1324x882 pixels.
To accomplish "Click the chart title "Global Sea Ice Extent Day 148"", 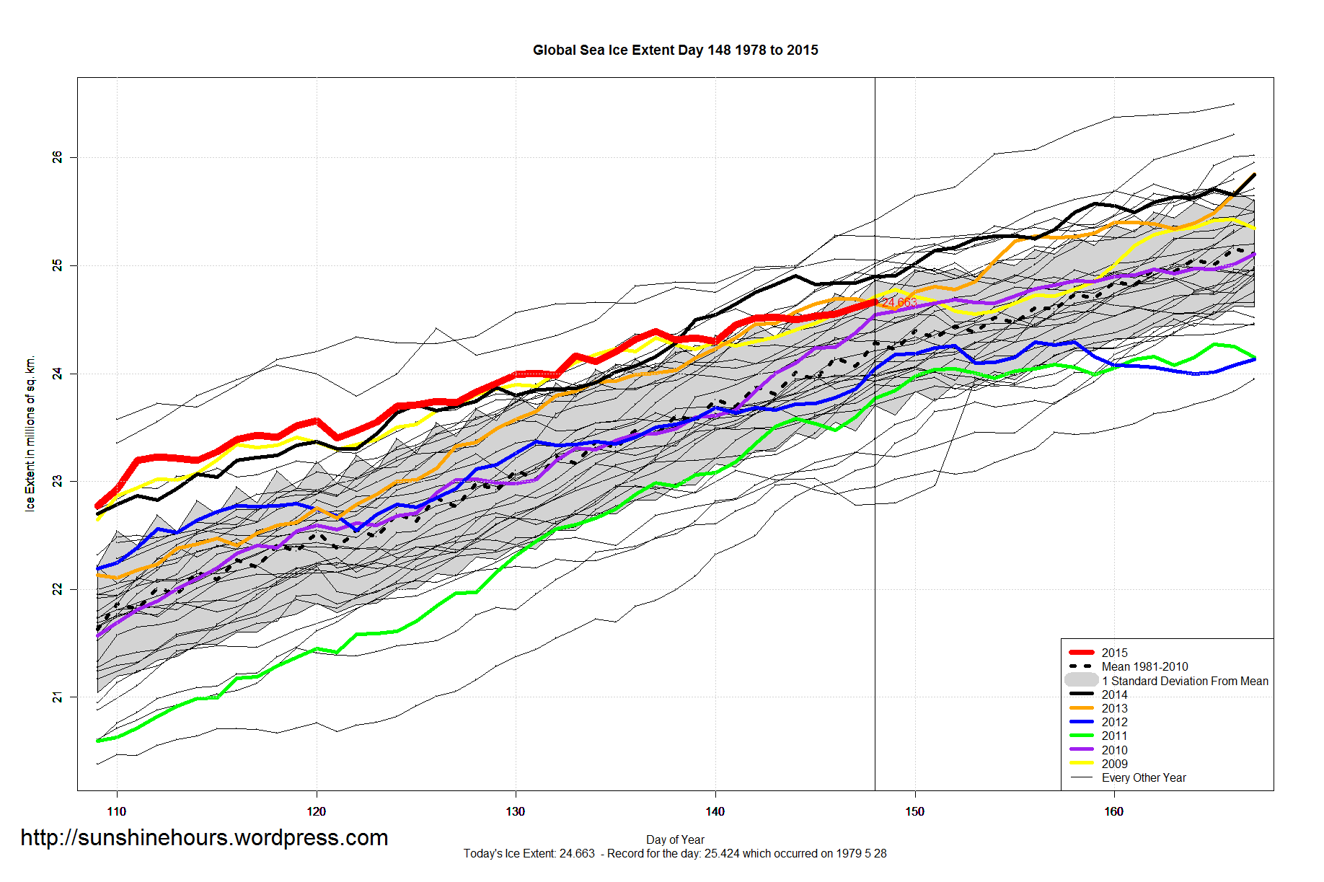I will [x=675, y=50].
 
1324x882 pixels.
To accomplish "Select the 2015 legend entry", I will [x=1114, y=653].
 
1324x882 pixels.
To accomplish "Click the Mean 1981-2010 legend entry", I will [x=1144, y=666].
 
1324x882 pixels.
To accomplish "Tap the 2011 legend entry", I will [x=1114, y=736].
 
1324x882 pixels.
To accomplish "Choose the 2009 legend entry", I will [x=1114, y=764].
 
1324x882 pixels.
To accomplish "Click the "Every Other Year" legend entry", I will [x=1144, y=777].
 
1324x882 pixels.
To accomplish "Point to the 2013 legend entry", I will [x=1114, y=708].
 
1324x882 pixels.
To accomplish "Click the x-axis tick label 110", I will [x=116, y=811].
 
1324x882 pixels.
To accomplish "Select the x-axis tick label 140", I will [x=715, y=811].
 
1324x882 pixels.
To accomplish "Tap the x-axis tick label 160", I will [x=1113, y=811].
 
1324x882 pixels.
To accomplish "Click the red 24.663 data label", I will [x=899, y=302].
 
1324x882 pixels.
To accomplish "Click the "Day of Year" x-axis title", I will [x=675, y=839].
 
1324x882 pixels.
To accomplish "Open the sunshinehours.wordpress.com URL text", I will [x=204, y=837].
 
